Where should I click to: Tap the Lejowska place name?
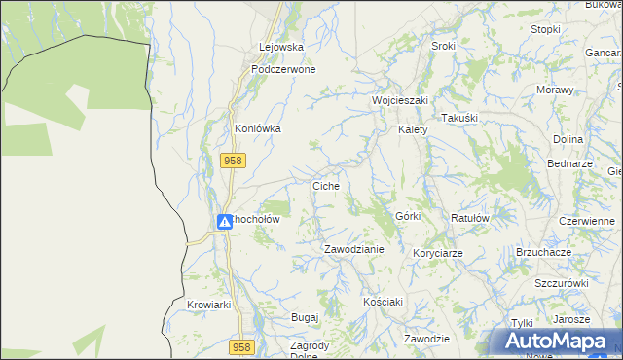coord(281,47)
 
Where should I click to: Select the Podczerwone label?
coord(282,70)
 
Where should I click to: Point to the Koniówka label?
coord(258,128)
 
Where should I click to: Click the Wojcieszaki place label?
coord(399,100)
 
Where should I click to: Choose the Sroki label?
coord(443,47)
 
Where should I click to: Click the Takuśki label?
coord(462,118)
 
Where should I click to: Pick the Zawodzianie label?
coord(354,249)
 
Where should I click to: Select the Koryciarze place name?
coord(437,253)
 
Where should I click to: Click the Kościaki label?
coord(383,302)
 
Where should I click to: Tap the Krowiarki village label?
coord(208,305)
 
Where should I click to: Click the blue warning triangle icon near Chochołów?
coord(224,221)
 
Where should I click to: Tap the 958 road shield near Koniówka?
coord(232,161)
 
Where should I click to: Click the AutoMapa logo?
coord(555,342)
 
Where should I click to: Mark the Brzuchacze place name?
coord(543,251)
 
